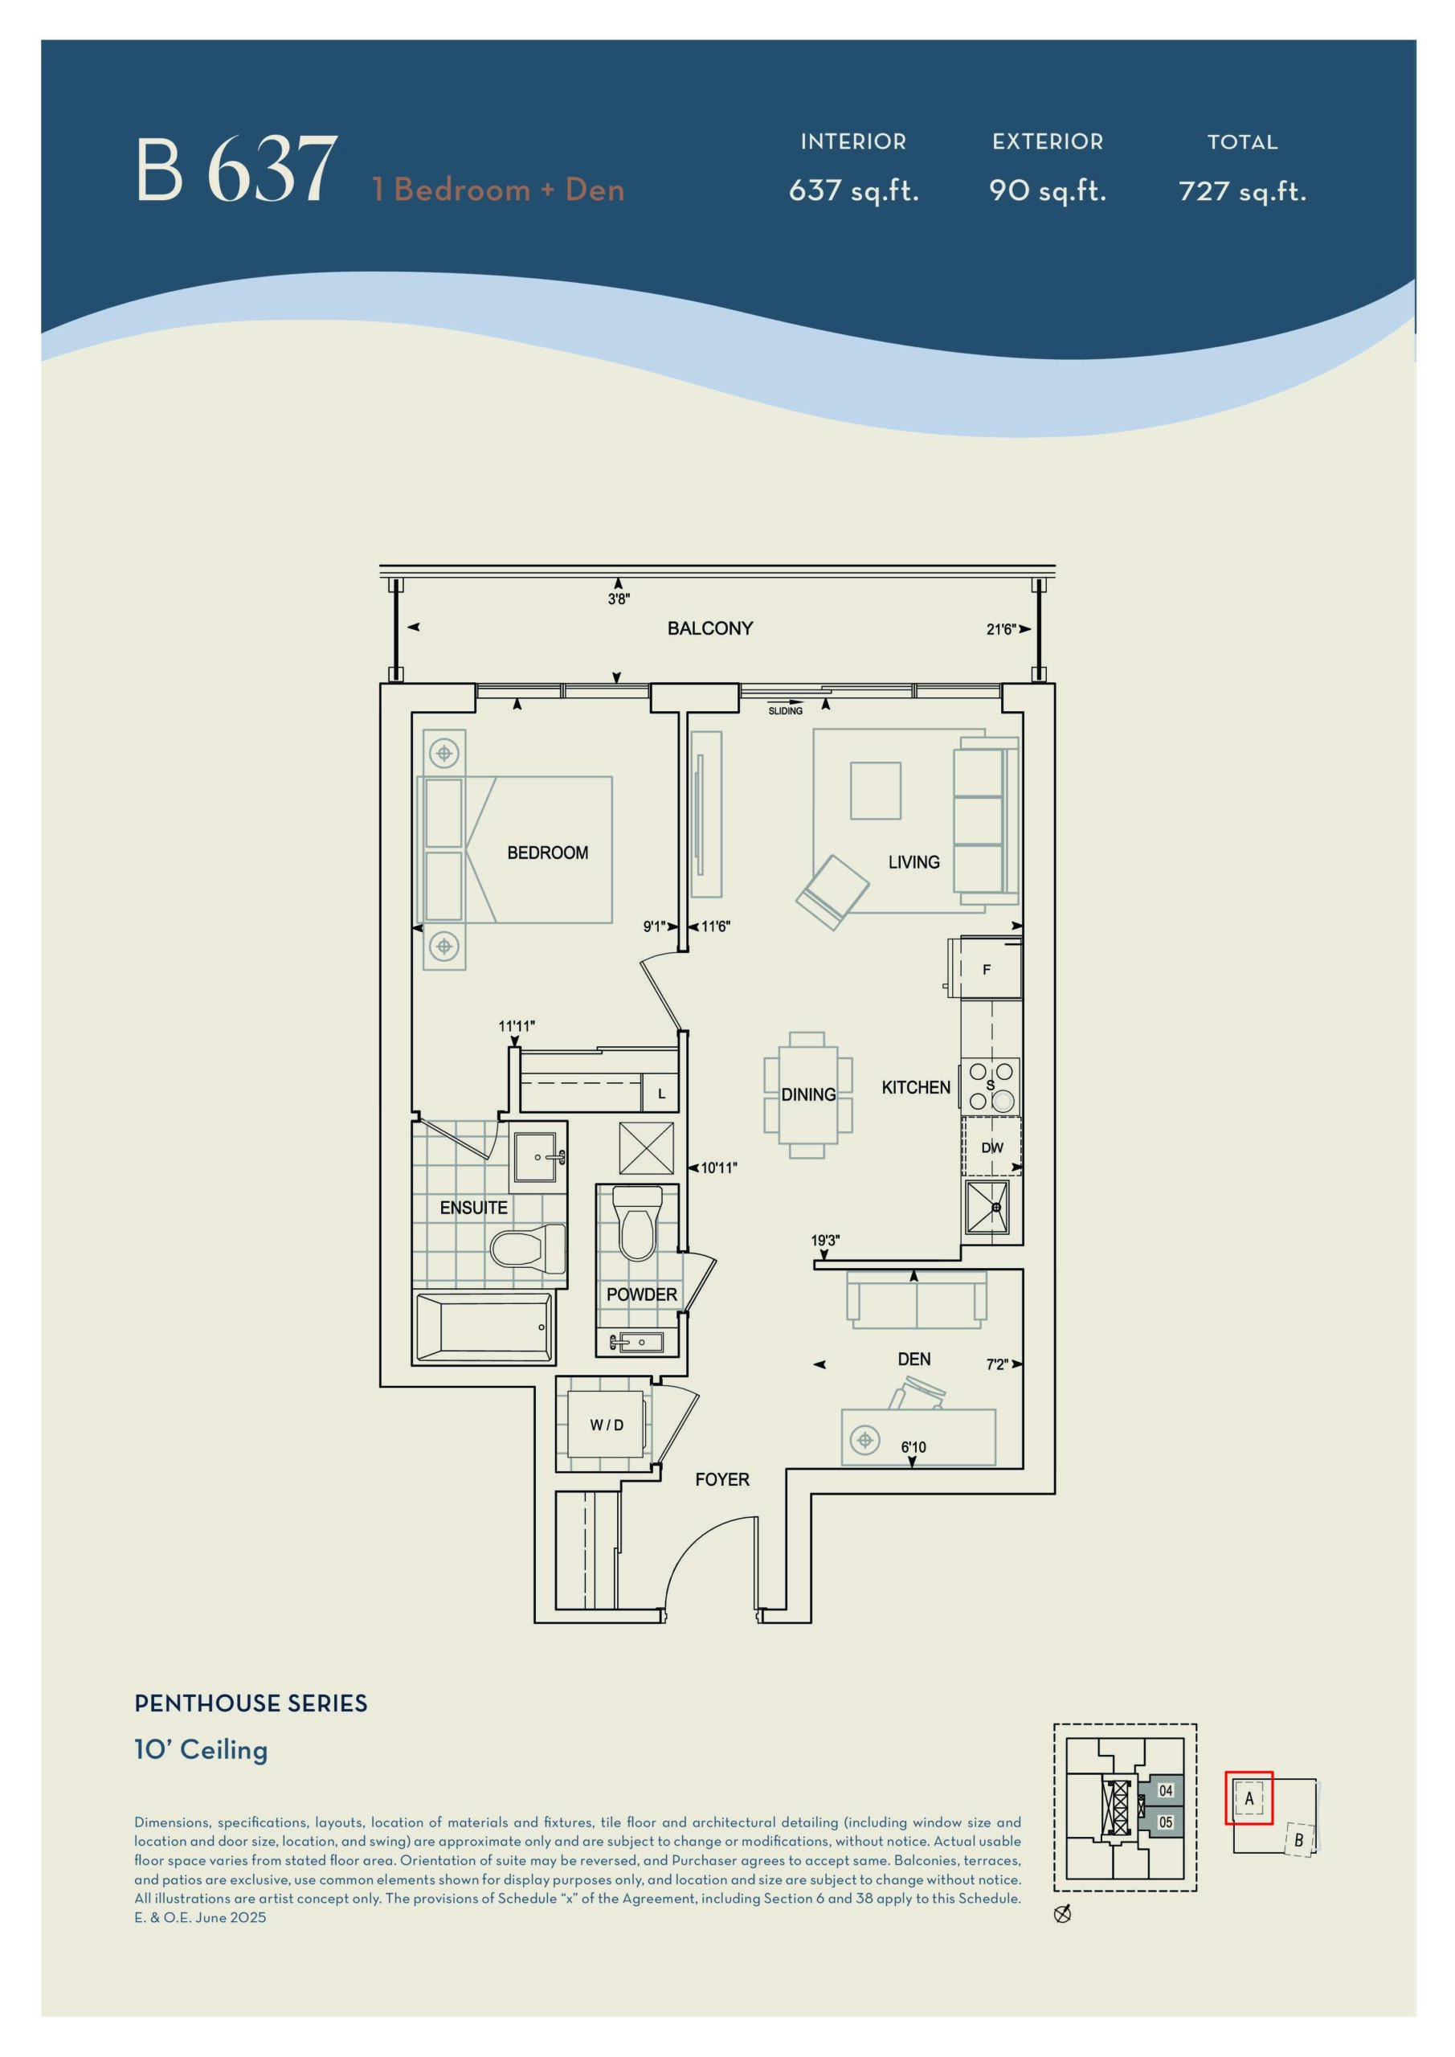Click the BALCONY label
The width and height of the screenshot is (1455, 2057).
(709, 628)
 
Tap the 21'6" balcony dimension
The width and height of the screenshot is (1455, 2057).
(1001, 629)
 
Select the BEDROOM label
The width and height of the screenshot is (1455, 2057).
(547, 853)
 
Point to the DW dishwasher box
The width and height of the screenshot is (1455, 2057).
(991, 1147)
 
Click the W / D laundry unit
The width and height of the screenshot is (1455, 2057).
(607, 1425)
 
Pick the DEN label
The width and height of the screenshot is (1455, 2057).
(913, 1359)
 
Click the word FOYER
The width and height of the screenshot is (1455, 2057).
(722, 1480)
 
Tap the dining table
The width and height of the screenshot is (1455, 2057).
(808, 1094)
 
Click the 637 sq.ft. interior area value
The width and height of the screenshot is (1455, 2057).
(854, 190)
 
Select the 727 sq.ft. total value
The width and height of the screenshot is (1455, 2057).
(1243, 190)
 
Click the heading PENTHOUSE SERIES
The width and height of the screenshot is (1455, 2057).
(251, 1703)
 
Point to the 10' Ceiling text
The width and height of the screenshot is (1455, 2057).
(201, 1750)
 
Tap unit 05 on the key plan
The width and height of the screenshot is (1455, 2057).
(1166, 1822)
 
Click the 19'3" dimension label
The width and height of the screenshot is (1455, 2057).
(825, 1241)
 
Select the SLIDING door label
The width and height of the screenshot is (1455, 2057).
(786, 711)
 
